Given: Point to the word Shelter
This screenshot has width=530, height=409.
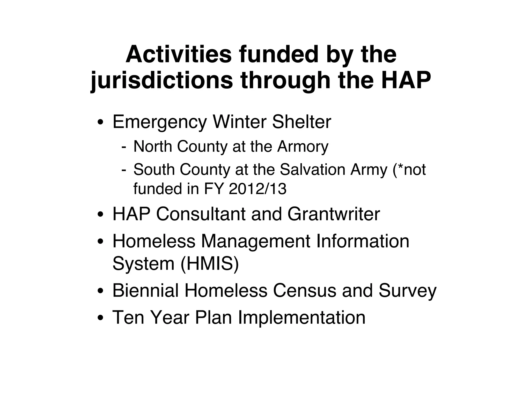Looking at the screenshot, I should (x=301, y=122).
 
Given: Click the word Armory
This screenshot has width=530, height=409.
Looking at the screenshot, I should (x=303, y=147).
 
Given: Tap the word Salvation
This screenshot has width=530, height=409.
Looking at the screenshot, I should (x=312, y=170).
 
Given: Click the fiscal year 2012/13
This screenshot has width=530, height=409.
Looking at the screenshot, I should (x=258, y=189).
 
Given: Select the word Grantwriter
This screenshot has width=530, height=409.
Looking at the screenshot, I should (x=334, y=214).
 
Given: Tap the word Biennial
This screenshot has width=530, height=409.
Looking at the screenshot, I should (x=145, y=290).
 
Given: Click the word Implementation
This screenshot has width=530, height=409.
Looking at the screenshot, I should (x=301, y=317).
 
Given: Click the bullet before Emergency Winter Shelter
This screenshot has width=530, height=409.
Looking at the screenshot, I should (x=101, y=122).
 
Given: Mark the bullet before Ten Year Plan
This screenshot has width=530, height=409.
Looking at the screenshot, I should (x=101, y=318).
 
